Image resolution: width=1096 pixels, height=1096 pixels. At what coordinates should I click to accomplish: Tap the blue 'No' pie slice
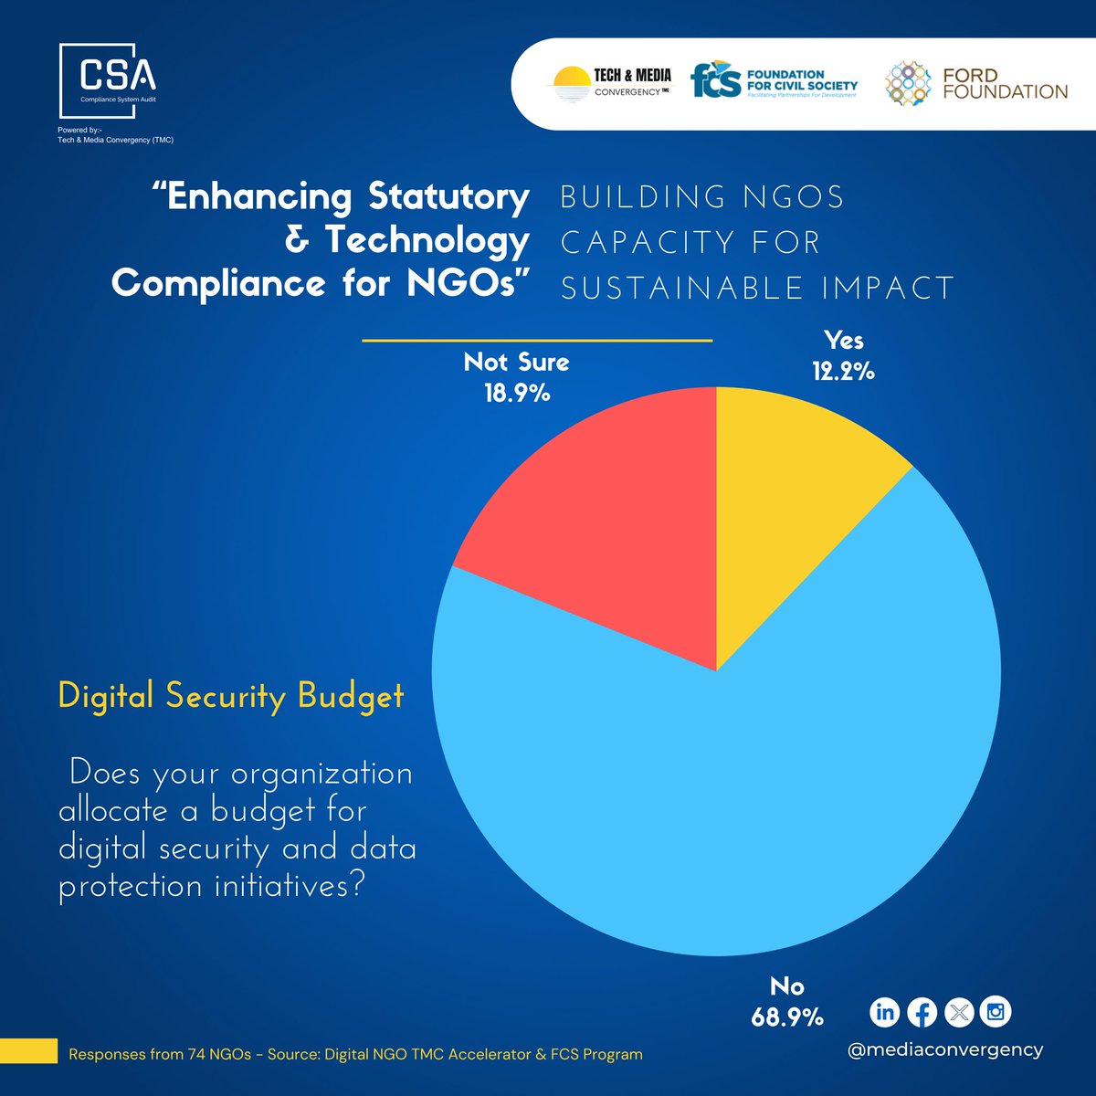731,804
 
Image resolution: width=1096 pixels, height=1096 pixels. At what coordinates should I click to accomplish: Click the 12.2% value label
843,372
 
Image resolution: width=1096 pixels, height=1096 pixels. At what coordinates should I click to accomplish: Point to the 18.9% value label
517,394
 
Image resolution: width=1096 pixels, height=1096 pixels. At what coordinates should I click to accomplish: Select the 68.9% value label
786,1017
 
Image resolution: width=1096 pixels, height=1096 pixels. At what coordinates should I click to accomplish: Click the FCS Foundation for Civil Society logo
774,82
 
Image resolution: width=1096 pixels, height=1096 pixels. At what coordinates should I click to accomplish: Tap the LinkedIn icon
884,1012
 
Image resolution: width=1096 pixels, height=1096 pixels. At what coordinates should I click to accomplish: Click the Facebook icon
922,1012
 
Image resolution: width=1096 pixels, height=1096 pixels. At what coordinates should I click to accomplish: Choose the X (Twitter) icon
959,1012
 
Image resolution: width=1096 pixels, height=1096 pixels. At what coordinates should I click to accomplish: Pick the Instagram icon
996,1012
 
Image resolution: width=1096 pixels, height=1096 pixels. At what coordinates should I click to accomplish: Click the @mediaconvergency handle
944,1049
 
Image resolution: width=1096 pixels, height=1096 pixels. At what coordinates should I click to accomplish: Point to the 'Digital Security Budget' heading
230,696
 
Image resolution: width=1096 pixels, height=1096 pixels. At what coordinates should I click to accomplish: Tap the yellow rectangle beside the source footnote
28,1050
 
